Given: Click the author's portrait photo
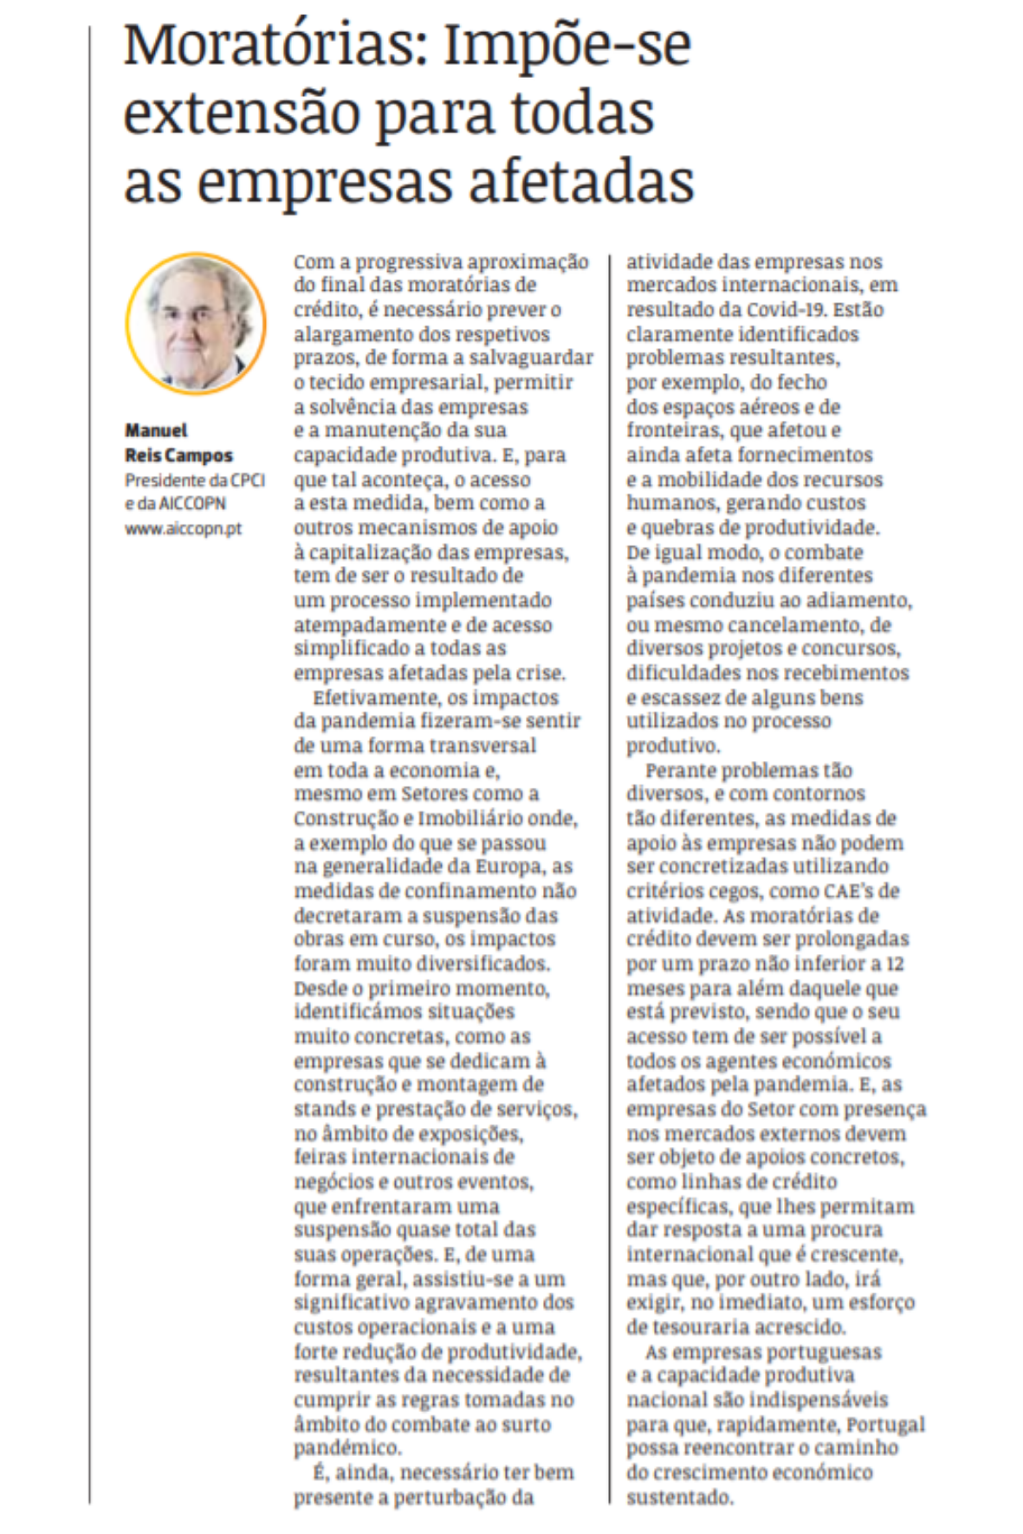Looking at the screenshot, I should (x=196, y=324).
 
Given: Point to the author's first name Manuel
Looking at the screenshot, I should (x=156, y=430).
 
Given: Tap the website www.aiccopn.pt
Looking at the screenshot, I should (x=184, y=528).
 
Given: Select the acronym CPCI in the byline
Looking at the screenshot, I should (x=248, y=480).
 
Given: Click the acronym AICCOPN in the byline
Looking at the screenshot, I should (x=192, y=504).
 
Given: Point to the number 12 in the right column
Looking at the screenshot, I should (x=895, y=964).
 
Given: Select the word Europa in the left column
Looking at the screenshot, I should (x=508, y=867).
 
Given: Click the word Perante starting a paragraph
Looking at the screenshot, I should (x=680, y=770).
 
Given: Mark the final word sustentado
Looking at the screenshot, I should (x=679, y=1497).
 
